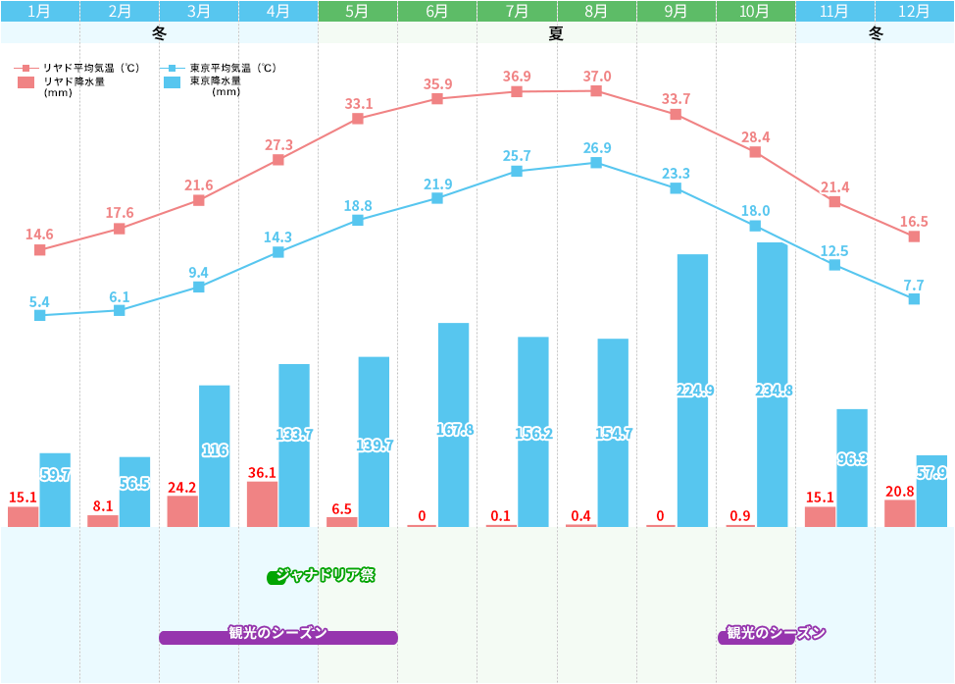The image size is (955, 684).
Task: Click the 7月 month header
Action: pos(517,11)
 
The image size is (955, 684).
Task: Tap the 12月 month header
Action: pos(914,11)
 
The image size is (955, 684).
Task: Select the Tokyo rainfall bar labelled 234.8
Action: pos(772,385)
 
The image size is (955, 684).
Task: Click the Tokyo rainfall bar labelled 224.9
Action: pos(692,391)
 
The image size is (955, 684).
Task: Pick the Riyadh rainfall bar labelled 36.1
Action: pos(262,504)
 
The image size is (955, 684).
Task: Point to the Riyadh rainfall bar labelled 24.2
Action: pos(182,511)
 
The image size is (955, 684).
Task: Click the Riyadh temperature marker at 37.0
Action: pos(596,91)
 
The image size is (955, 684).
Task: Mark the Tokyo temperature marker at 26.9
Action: pos(596,162)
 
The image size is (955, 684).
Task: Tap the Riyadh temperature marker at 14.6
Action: pos(39,250)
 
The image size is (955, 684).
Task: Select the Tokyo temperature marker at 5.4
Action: pos(39,315)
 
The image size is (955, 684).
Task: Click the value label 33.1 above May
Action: pos(359,103)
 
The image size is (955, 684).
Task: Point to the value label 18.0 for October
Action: pos(756,211)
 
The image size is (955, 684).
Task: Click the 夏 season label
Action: pos(556,33)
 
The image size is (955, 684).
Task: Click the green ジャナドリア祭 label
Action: pos(324,576)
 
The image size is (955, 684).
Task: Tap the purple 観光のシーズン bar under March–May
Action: pos(278,636)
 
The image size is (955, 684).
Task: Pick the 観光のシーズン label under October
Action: pos(775,634)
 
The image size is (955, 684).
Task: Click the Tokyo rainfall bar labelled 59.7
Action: pos(55,490)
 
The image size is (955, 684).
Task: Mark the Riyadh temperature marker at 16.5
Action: pos(914,237)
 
